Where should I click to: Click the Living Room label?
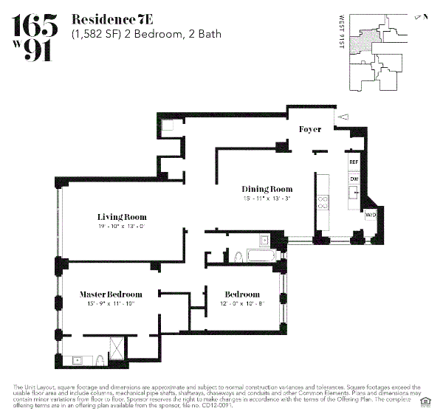[122, 217]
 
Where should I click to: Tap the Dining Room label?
[267, 189]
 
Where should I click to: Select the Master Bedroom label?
[111, 294]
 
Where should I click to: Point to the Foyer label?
[309, 129]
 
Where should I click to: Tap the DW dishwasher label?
[354, 179]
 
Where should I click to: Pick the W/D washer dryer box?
[370, 214]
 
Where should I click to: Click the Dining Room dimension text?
[267, 198]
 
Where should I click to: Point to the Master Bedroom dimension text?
[111, 303]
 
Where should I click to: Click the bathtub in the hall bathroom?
[258, 256]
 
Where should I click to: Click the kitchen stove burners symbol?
[323, 203]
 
